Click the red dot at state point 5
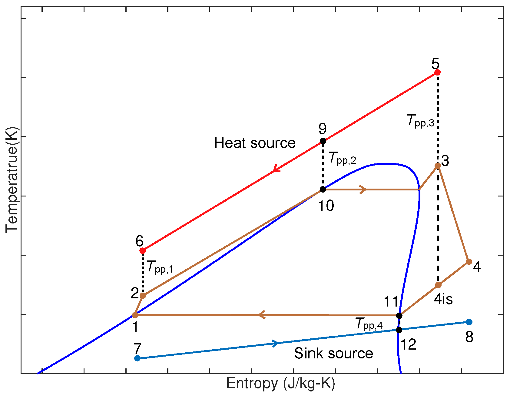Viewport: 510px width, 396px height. (x=437, y=72)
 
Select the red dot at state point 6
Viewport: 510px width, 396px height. (x=143, y=251)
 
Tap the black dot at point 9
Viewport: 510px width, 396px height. (x=323, y=141)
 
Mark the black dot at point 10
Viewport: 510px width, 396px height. (x=323, y=190)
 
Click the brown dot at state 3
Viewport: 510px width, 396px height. (x=438, y=166)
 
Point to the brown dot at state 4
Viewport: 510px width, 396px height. (x=469, y=261)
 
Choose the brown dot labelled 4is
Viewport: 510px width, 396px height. (x=438, y=285)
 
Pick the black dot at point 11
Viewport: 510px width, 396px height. (x=399, y=316)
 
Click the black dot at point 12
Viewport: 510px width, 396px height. (x=399, y=330)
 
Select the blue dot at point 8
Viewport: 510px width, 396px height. (x=469, y=322)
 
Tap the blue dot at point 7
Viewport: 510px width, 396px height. (x=137, y=358)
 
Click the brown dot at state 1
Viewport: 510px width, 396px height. (x=135, y=315)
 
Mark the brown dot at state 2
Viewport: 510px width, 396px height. (x=143, y=296)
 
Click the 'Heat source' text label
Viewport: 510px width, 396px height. (x=255, y=143)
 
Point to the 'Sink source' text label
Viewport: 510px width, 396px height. (x=333, y=353)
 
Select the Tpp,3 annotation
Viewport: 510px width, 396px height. (x=420, y=121)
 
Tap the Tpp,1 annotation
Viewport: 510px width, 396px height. (x=160, y=267)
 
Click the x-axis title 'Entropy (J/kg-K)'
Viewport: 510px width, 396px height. (x=280, y=383)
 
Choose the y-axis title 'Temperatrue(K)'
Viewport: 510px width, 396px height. (x=12, y=180)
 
